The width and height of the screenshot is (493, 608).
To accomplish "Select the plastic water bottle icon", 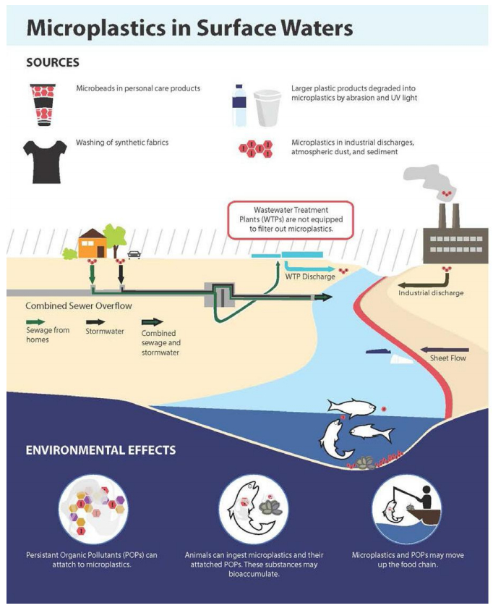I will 239,106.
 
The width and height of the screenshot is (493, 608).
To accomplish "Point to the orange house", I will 93,244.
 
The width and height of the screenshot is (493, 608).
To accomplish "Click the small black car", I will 134,254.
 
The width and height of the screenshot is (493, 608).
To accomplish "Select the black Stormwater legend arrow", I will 95,321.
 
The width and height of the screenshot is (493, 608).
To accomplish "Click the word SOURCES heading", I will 52,62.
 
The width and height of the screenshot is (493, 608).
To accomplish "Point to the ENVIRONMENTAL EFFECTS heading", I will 100,449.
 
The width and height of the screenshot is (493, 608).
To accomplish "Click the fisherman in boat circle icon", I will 406,510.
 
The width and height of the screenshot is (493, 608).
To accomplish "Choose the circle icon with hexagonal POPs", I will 93,509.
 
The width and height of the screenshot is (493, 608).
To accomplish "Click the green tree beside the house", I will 115,237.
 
